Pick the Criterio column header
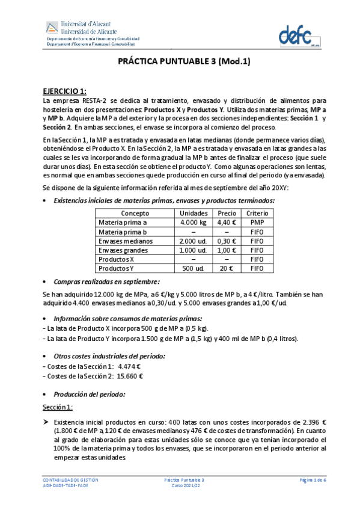point(257,214)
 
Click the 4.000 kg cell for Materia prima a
point(194,223)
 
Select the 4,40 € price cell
point(227,223)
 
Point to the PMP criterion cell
point(257,223)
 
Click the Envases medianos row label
point(126,241)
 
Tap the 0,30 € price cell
point(227,241)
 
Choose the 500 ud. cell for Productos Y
point(194,268)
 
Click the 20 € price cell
point(227,268)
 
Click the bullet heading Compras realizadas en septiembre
point(107,281)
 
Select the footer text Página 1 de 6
point(313,480)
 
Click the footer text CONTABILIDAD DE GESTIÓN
point(70,480)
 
